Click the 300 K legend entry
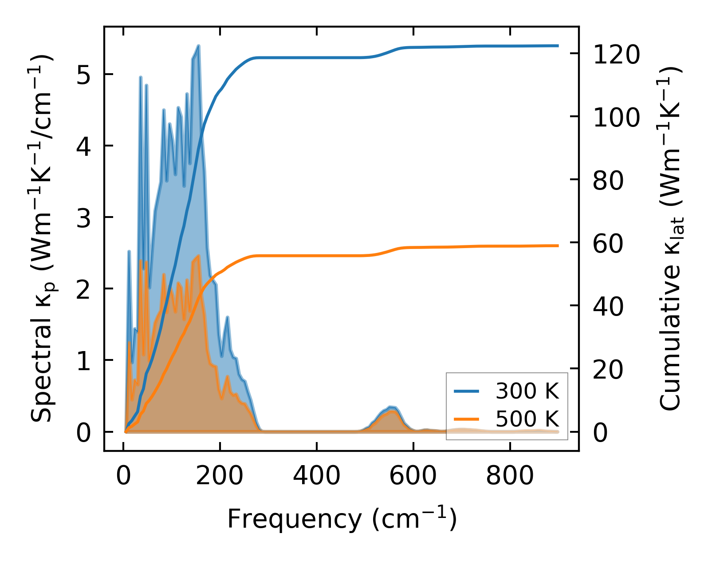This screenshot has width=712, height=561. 527,391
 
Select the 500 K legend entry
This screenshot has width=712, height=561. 527,419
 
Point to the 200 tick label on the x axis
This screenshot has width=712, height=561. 220,476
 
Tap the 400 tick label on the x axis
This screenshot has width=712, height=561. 316,476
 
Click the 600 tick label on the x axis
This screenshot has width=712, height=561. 413,476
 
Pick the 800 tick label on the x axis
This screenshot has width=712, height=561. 510,476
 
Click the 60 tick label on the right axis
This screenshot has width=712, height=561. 608,243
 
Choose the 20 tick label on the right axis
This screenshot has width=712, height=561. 608,369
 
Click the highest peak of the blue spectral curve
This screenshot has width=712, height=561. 198,46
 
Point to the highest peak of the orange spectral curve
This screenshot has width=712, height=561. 198,256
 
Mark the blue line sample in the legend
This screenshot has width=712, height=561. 466,391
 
